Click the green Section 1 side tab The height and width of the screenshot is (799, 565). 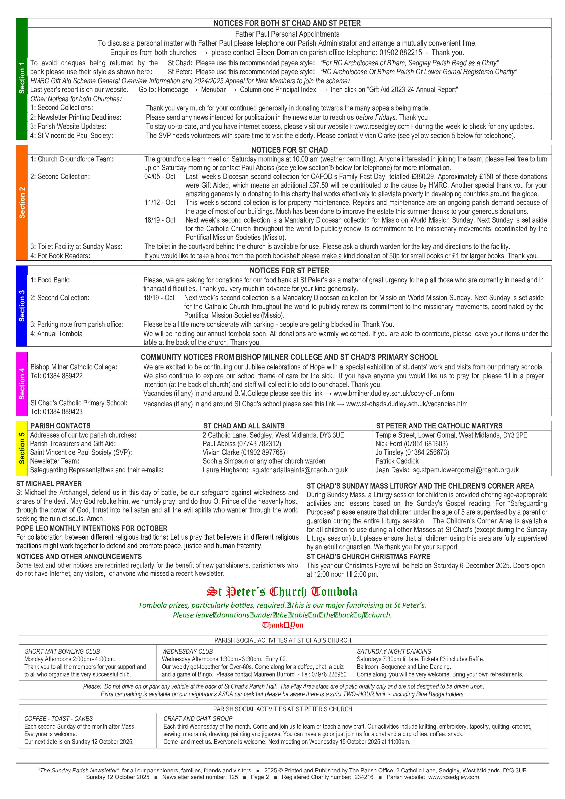pos(22,79)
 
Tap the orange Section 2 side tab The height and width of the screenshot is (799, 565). pos(22,202)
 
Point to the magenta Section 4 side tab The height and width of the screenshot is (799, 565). pos(22,384)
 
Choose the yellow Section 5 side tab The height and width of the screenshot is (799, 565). pos(22,448)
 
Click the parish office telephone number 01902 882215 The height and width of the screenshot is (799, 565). pos(400,53)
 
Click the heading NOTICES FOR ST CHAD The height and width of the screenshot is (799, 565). pos(289,150)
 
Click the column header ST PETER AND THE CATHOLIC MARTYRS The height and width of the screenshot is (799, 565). pos(439,426)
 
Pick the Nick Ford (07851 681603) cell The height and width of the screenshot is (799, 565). pos(411,444)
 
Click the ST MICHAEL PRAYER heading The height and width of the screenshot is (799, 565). pos(49,484)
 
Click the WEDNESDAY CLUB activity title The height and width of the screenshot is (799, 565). pos(187,651)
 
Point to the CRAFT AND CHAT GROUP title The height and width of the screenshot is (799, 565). pos(198,718)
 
